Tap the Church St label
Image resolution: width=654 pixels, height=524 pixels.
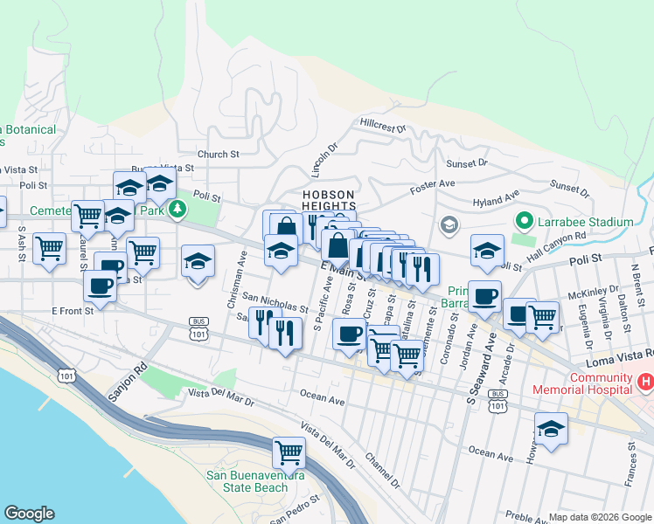218,155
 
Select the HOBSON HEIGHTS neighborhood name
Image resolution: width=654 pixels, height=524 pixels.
329,199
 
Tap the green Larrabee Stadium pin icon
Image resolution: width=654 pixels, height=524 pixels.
524,222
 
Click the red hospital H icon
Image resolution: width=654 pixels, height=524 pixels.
645,381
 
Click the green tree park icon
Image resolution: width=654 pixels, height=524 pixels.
177,209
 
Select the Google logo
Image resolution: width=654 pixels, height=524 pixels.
29,514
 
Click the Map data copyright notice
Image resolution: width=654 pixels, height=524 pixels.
599,517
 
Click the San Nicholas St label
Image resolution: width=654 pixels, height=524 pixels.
275,302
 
